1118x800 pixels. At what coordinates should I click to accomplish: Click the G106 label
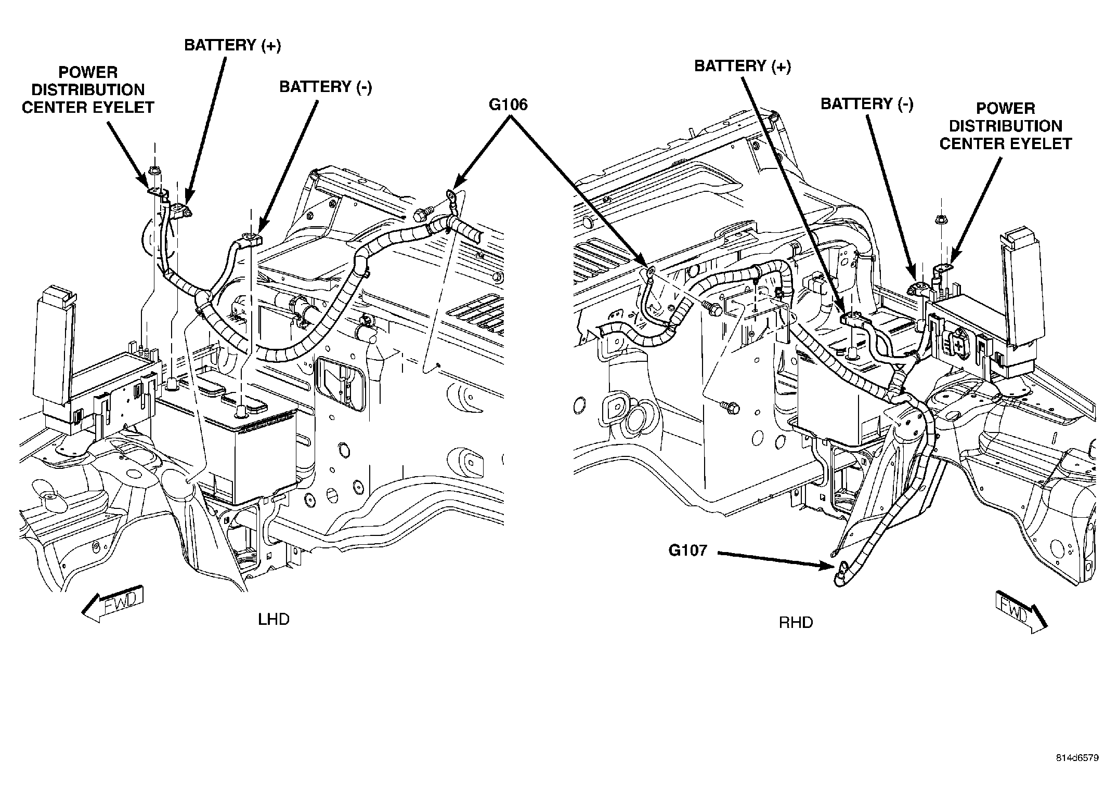[508, 105]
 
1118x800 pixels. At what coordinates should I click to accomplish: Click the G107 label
[688, 550]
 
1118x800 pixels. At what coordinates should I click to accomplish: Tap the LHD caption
[274, 619]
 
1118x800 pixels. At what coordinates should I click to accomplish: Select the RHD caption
[796, 622]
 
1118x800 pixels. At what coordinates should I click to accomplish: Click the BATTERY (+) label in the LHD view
[232, 45]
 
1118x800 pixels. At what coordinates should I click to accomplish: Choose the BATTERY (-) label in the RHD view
[867, 103]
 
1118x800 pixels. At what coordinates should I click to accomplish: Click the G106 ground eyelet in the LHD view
[450, 197]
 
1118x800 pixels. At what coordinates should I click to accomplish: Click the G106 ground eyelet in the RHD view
[649, 271]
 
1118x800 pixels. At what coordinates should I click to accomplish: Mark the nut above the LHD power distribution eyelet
[154, 171]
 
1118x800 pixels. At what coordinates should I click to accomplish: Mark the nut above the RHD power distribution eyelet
[939, 221]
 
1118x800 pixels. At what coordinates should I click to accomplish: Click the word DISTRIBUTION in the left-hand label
[88, 89]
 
